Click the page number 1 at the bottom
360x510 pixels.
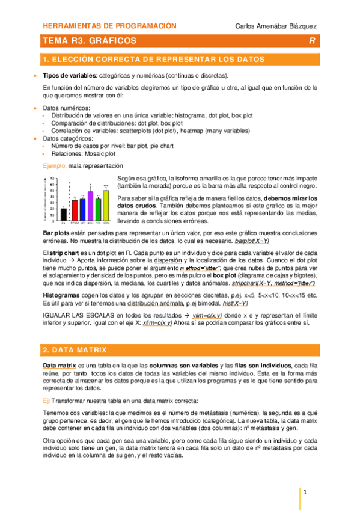305,494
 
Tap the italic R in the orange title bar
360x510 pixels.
311,41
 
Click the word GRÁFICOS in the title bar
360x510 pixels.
112,41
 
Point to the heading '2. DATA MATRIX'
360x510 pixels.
75,349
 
